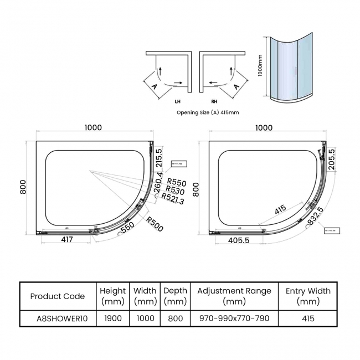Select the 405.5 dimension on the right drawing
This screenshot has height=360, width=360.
pyautogui.click(x=243, y=240)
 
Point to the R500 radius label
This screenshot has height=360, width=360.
pyautogui.click(x=155, y=224)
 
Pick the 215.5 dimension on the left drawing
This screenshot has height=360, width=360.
pyautogui.click(x=158, y=158)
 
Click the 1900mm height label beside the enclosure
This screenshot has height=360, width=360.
pyautogui.click(x=260, y=66)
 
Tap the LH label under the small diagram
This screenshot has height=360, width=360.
pyautogui.click(x=177, y=101)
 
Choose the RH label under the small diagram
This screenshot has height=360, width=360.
pyautogui.click(x=214, y=101)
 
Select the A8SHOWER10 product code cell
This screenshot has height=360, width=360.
pyautogui.click(x=58, y=318)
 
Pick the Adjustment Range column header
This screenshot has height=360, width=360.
pyautogui.click(x=234, y=296)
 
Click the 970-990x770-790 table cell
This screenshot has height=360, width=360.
pyautogui.click(x=234, y=318)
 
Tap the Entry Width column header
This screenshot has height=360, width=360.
pyautogui.click(x=308, y=296)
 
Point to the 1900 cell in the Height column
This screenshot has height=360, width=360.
pyautogui.click(x=112, y=318)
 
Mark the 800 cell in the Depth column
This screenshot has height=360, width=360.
pyautogui.click(x=174, y=318)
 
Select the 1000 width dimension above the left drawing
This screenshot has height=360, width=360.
pyautogui.click(x=93, y=128)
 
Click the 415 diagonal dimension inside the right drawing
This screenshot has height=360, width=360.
pyautogui.click(x=280, y=209)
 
